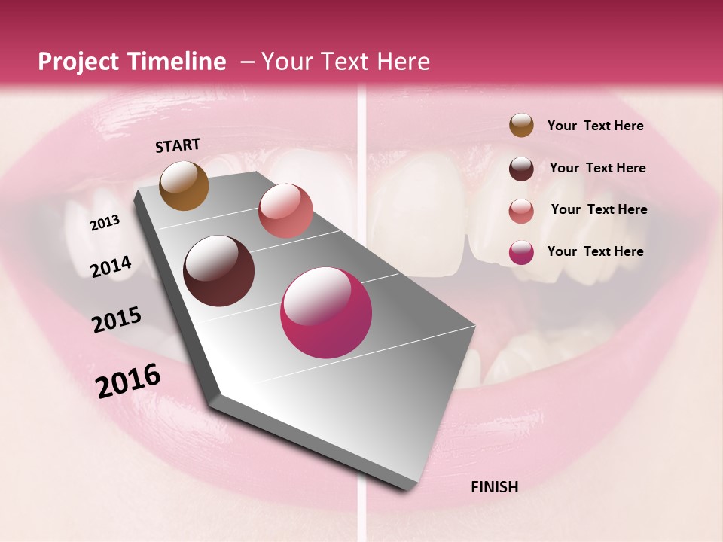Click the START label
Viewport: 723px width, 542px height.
[x=178, y=145]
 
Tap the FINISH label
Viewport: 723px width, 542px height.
[x=495, y=487]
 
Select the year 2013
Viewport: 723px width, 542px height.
[x=105, y=223]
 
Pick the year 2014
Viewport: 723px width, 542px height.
[x=111, y=266]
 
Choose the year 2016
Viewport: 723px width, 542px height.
[x=128, y=380]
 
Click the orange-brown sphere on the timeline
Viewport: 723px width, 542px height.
[x=185, y=185]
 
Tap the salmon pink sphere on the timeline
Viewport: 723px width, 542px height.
[x=285, y=211]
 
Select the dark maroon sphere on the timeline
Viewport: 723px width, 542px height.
[x=219, y=271]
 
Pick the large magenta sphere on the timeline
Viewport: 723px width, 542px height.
[x=326, y=312]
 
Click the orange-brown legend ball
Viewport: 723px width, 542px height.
[x=521, y=126]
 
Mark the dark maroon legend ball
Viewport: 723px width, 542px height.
[x=521, y=169]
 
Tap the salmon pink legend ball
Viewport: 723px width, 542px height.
[x=521, y=211]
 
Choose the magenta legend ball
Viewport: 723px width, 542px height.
[x=521, y=252]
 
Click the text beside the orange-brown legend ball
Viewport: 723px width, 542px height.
[x=595, y=126]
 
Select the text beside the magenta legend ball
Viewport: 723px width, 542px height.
[x=595, y=251]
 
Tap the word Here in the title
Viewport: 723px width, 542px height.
[x=403, y=62]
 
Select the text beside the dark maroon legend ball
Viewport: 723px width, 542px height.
[x=597, y=168]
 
